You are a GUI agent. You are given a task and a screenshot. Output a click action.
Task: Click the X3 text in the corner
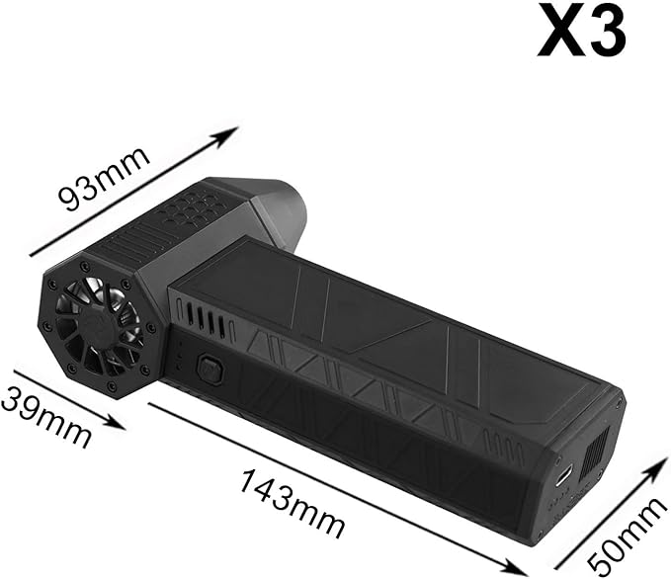tap(580, 32)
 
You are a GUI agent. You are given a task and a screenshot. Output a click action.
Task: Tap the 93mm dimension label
tap(105, 179)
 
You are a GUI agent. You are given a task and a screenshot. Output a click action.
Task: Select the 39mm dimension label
tap(44, 415)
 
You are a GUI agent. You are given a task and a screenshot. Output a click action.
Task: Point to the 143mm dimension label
tap(293, 503)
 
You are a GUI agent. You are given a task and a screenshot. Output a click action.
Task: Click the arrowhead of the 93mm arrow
tap(227, 134)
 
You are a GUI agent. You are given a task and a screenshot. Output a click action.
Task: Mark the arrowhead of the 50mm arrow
tap(658, 466)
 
